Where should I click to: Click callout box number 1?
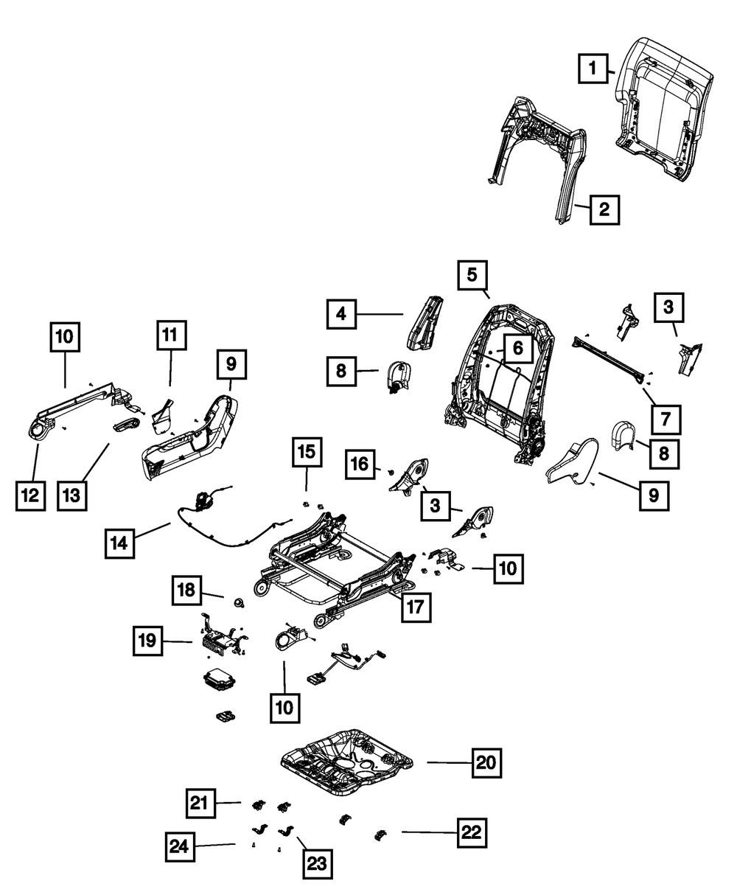(591, 70)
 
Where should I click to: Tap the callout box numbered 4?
(342, 314)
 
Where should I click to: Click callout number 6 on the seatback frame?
(517, 348)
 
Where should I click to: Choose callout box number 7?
(666, 419)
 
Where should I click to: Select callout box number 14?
(119, 543)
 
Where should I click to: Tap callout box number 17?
(416, 607)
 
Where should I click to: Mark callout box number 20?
(486, 762)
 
